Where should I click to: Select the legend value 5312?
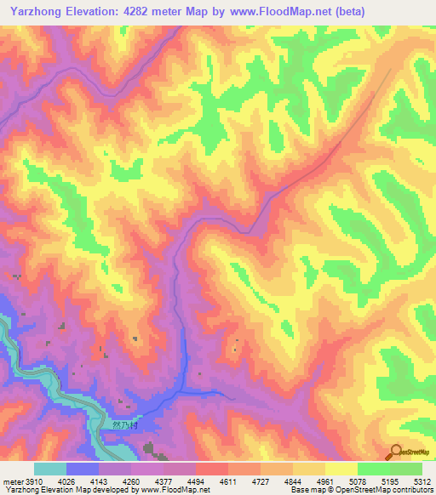point(423,481)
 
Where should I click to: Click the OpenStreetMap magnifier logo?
point(394,453)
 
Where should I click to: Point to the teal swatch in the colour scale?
point(50,469)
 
